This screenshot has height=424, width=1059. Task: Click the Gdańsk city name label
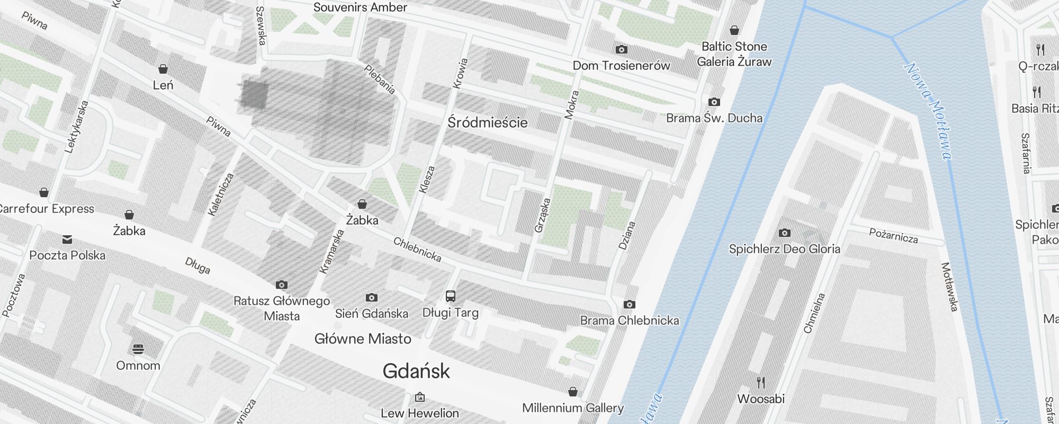pyautogui.click(x=416, y=372)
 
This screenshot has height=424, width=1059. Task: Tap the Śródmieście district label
pyautogui.click(x=488, y=123)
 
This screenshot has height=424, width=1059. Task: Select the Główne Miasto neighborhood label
pyautogui.click(x=363, y=339)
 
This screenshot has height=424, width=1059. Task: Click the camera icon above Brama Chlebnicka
pyautogui.click(x=629, y=304)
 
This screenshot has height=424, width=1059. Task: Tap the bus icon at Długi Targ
pyautogui.click(x=451, y=296)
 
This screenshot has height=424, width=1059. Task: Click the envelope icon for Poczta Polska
pyautogui.click(x=67, y=240)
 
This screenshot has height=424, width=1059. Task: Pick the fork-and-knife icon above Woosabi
pyautogui.click(x=761, y=382)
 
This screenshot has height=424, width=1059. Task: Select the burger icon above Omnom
pyautogui.click(x=138, y=349)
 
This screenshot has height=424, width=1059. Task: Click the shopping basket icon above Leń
pyautogui.click(x=163, y=69)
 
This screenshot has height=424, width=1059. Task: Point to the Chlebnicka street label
pyautogui.click(x=417, y=250)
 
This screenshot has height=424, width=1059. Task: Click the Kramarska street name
pyautogui.click(x=332, y=251)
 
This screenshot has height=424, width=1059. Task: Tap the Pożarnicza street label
pyautogui.click(x=893, y=235)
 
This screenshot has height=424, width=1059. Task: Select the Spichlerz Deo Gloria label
pyautogui.click(x=784, y=249)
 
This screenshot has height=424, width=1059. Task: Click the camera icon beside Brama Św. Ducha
pyautogui.click(x=714, y=102)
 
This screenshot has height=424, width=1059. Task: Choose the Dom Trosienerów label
pyautogui.click(x=621, y=66)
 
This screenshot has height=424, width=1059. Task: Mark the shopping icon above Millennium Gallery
pyautogui.click(x=572, y=392)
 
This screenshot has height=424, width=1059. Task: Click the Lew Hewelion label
pyautogui.click(x=420, y=413)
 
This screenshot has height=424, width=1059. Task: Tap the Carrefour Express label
pyautogui.click(x=47, y=209)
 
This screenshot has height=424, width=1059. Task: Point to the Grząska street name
pyautogui.click(x=543, y=215)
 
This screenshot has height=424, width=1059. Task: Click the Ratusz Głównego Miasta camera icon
pyautogui.click(x=282, y=285)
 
